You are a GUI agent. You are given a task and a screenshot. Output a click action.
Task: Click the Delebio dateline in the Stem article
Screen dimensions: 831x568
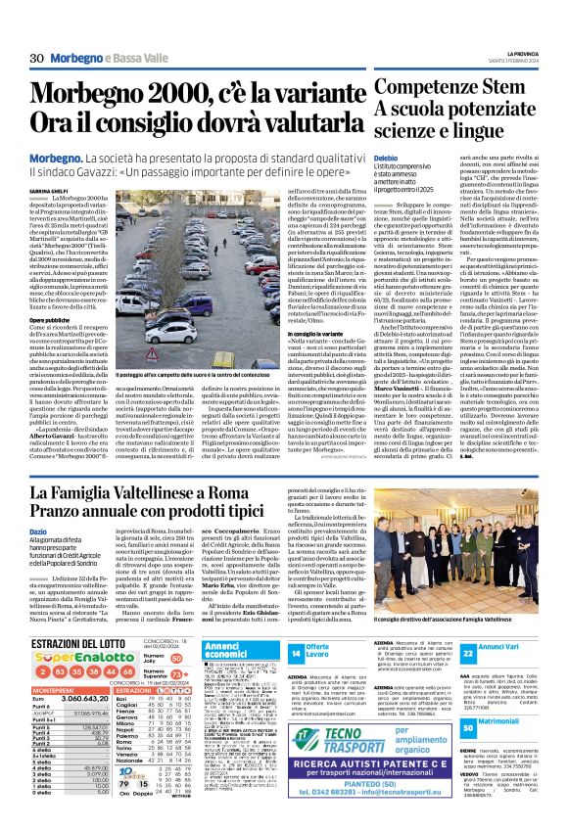[385, 157]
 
